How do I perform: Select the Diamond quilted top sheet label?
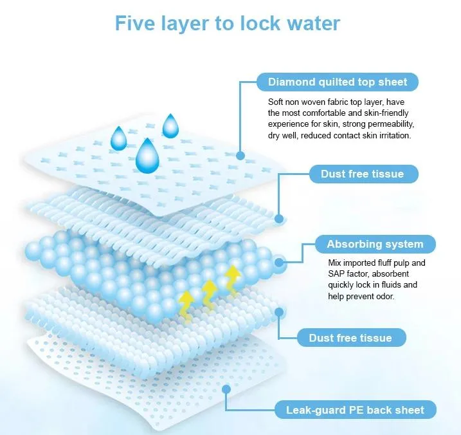[338, 82]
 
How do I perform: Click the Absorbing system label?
[375, 245]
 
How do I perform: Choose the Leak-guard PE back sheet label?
[359, 409]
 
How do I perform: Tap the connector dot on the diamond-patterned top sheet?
[240, 155]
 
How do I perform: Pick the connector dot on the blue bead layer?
[278, 263]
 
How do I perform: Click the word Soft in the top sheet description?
[276, 102]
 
